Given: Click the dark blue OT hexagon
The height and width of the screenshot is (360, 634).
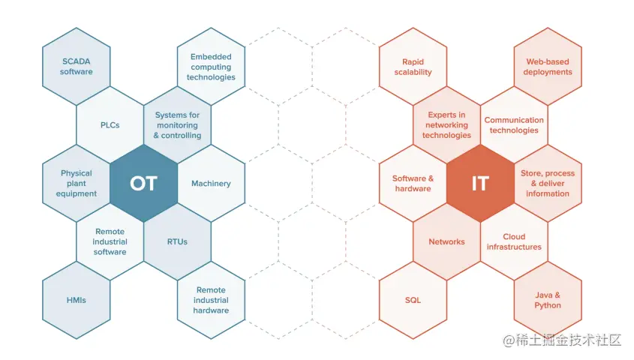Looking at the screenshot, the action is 143,184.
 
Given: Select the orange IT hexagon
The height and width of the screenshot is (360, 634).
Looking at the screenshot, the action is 480,184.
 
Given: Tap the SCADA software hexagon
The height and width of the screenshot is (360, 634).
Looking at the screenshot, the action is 77,66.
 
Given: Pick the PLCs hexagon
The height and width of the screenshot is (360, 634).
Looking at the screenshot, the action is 110,125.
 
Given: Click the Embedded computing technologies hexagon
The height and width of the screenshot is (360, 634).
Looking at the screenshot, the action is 211,67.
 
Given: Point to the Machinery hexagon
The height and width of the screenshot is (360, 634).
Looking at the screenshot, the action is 211,184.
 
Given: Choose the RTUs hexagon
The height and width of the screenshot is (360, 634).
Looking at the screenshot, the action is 177,241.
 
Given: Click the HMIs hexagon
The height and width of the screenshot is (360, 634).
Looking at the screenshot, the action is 77,300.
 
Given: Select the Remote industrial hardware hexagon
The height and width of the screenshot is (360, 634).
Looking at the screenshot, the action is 211,300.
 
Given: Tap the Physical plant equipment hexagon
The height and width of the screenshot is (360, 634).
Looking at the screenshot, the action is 77,184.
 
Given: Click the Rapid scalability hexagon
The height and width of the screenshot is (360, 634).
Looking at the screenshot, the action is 413,67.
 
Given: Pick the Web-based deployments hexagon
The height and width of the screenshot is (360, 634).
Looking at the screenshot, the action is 548,67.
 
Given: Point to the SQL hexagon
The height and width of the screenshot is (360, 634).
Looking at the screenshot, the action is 413,300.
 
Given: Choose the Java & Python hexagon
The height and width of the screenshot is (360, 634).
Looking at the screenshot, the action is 548,300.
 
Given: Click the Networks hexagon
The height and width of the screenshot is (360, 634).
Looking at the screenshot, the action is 446,241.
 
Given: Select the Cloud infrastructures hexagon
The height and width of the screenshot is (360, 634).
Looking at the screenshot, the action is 514,241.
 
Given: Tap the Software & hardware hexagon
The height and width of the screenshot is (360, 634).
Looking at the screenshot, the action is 413,184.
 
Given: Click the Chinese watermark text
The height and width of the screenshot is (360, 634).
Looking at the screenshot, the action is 563,340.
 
